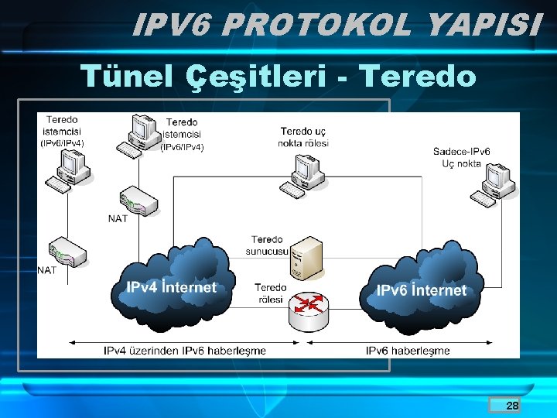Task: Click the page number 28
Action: tap(512, 406)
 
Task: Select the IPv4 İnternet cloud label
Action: tap(171, 287)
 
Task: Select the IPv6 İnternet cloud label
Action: tap(421, 290)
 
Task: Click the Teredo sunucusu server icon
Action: tap(306, 258)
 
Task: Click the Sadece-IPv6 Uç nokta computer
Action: tap(496, 185)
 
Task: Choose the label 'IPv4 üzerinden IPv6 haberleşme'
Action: tap(185, 351)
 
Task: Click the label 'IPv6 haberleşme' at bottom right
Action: tap(408, 351)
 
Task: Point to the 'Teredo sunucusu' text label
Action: tap(268, 245)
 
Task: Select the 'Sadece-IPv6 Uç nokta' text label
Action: tap(461, 157)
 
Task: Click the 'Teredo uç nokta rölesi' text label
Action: tap(304, 137)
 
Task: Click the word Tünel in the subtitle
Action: tap(128, 76)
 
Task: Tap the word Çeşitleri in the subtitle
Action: tap(258, 76)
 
